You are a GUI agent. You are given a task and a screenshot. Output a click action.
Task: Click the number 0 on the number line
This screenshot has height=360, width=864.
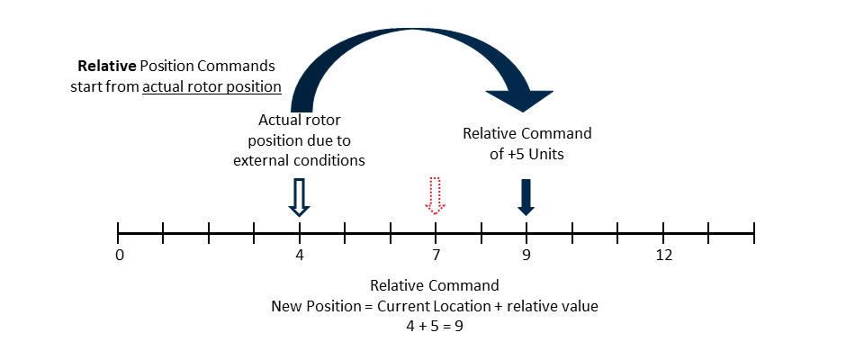(x=119, y=256)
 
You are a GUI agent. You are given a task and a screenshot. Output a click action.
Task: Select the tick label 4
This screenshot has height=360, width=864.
(x=300, y=256)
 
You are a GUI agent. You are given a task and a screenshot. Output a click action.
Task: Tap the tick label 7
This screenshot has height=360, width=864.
(x=436, y=256)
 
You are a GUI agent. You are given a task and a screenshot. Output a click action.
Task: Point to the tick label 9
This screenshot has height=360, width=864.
(x=526, y=256)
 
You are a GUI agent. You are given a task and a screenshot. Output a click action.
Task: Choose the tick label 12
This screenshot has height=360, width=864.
(x=663, y=256)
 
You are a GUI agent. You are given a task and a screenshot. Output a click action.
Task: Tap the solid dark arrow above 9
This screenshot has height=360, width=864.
(x=526, y=197)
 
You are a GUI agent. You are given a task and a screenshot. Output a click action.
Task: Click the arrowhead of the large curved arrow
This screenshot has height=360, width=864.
(x=520, y=100)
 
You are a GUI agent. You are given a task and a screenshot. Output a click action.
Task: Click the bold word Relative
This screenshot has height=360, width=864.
(x=103, y=67)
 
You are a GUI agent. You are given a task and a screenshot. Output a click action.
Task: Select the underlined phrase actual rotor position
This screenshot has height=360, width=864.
(x=211, y=86)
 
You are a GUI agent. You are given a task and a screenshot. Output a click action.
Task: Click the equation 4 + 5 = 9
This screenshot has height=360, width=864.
(x=435, y=326)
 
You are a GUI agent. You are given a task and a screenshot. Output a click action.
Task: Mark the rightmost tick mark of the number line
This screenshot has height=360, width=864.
(x=753, y=233)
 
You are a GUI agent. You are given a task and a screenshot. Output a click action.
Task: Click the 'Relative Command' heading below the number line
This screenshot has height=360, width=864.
(x=435, y=286)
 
